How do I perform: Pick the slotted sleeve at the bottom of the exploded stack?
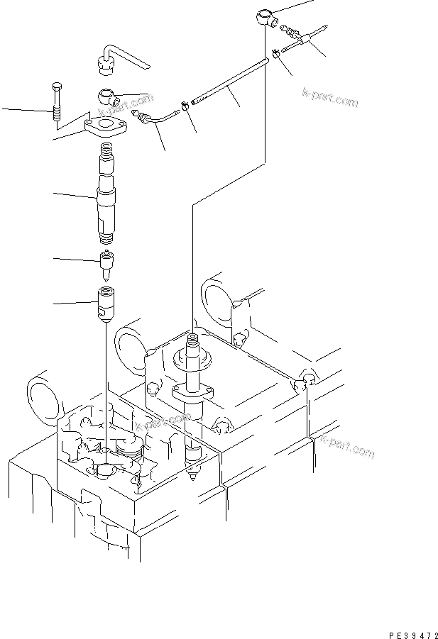tap(105, 303)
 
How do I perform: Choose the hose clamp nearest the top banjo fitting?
tap(274, 52)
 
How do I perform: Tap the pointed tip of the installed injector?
tap(195, 479)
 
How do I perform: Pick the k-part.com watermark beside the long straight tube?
tap(330, 96)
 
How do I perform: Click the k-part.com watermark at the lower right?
tap(346, 446)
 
